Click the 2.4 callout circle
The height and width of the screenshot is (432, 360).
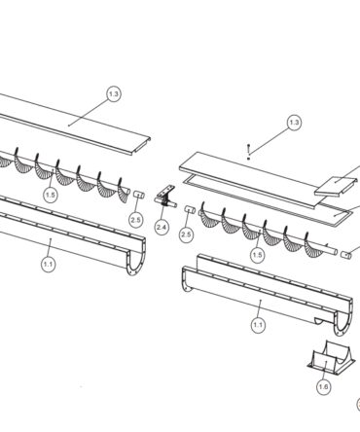click(162, 227)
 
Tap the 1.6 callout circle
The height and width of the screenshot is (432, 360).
click(324, 386)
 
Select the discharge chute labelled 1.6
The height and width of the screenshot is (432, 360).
click(330, 357)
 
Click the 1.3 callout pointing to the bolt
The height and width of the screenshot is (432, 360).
click(294, 123)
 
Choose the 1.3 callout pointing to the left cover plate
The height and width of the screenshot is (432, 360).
click(114, 94)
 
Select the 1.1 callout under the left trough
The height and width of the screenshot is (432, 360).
click(49, 265)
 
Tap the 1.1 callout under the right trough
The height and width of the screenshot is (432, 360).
click(258, 325)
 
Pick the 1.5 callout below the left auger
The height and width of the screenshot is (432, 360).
click(51, 195)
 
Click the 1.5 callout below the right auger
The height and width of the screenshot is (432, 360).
click(257, 255)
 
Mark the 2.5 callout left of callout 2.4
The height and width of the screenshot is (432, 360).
click(135, 220)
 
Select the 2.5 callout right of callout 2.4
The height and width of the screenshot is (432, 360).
click(187, 234)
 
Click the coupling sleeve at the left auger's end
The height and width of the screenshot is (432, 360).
click(139, 195)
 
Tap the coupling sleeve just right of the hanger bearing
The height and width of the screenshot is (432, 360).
click(190, 209)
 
